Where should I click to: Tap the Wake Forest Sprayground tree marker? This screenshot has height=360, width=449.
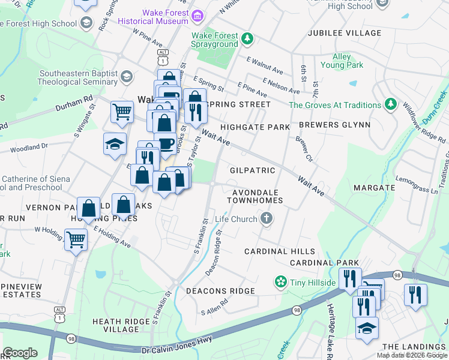click(247, 40)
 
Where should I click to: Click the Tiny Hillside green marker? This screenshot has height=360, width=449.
click(280, 282)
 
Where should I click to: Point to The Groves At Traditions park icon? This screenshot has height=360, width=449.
click(391, 104)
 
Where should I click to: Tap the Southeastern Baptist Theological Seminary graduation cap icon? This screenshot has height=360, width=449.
click(126, 76)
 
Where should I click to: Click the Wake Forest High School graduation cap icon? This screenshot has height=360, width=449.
click(86, 23)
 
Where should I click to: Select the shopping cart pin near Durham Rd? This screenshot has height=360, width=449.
click(122, 112)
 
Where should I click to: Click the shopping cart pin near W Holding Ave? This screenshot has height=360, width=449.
click(76, 240)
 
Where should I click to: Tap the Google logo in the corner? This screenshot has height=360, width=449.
click(20, 352)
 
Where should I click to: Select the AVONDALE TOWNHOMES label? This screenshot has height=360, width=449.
click(254, 196)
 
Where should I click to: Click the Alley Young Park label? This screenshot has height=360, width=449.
click(342, 61)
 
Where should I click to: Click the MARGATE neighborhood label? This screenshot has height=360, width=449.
click(374, 188)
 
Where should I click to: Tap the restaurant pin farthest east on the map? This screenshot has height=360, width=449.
click(415, 294)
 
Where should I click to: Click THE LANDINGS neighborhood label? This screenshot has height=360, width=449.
click(414, 347)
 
